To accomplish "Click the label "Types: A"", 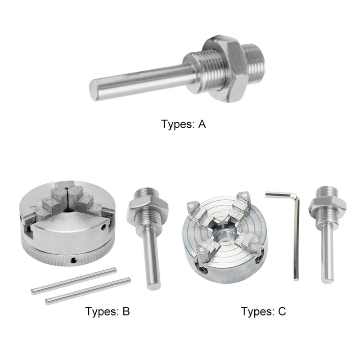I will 183,124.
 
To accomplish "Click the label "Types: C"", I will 263,311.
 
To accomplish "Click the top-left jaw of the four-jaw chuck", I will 195,208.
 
